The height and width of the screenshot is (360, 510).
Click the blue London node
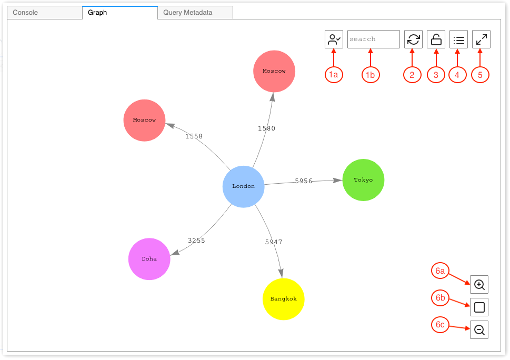click(x=243, y=186)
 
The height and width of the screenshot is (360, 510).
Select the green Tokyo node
click(x=363, y=180)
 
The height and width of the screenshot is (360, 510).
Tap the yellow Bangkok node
click(x=284, y=299)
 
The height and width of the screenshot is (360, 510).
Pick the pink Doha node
click(x=149, y=259)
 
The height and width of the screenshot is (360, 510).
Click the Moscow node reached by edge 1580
click(x=274, y=71)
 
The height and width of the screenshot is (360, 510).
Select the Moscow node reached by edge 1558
click(x=144, y=120)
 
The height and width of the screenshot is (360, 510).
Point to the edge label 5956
click(x=304, y=181)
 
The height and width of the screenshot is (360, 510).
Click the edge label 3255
click(x=196, y=241)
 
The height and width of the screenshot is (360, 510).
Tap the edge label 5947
click(x=274, y=242)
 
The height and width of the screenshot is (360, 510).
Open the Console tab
click(x=25, y=13)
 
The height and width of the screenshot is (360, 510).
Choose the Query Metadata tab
click(x=187, y=13)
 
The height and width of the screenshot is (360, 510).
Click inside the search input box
click(x=373, y=39)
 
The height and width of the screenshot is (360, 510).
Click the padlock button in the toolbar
click(x=436, y=39)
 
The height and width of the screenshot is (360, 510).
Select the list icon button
click(x=458, y=39)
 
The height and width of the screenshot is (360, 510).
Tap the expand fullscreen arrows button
click(x=481, y=39)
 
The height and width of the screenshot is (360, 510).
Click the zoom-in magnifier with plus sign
click(x=479, y=285)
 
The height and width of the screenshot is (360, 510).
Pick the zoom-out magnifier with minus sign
click(x=479, y=330)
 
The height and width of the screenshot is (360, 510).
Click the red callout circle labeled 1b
click(x=371, y=75)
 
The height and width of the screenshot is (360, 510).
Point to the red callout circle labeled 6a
click(x=441, y=271)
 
